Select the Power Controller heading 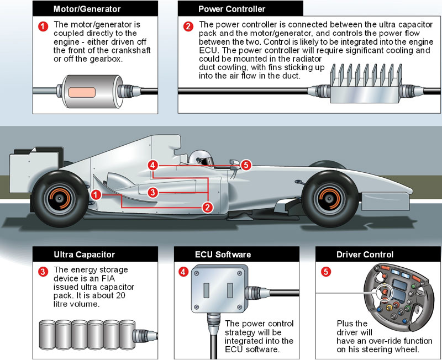point(231,9)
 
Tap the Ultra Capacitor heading point(85,255)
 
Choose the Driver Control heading point(365,255)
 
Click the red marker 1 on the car point(96,194)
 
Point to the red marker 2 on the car point(207,208)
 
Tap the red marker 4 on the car point(154,165)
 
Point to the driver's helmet point(201,158)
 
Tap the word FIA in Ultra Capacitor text point(126,279)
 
